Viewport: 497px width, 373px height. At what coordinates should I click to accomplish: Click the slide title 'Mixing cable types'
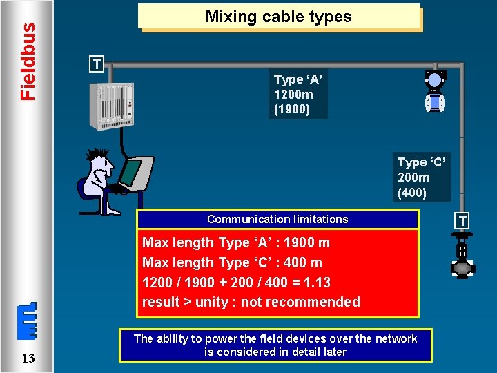click(x=278, y=17)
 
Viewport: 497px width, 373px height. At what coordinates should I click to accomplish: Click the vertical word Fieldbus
click(x=28, y=61)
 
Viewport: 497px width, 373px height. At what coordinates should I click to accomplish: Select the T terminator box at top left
click(x=98, y=65)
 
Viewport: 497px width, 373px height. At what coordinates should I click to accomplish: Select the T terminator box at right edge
click(x=461, y=221)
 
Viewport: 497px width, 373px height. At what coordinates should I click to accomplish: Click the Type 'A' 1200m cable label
click(x=298, y=95)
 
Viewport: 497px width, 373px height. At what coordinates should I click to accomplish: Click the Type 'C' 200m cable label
click(x=422, y=178)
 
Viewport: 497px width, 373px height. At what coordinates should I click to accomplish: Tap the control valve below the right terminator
click(x=461, y=259)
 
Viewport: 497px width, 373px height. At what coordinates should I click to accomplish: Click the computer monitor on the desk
click(x=132, y=172)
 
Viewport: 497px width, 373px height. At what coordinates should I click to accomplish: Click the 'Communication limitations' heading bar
click(x=277, y=219)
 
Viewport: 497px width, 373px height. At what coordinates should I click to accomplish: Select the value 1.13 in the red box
click(x=317, y=283)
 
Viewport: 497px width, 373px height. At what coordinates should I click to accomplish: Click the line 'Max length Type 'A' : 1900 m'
click(x=236, y=242)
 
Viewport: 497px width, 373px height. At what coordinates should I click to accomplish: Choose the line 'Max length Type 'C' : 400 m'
click(x=232, y=262)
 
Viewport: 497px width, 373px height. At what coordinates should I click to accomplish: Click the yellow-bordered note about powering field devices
click(x=275, y=345)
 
